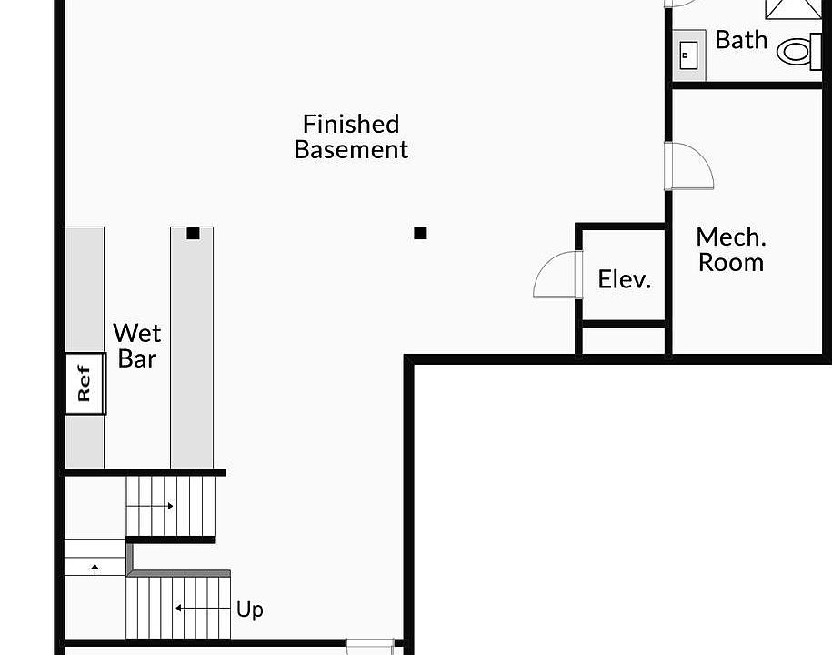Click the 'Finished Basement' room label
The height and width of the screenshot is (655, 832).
351,136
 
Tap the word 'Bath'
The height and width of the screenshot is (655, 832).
741,40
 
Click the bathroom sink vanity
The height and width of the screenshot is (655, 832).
689,55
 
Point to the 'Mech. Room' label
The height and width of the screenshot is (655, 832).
731,250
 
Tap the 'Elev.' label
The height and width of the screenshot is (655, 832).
625,278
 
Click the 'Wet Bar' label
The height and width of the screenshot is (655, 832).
137,346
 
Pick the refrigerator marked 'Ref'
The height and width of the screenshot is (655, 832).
85,383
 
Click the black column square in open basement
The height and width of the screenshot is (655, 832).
420,233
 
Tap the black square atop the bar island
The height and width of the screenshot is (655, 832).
193,233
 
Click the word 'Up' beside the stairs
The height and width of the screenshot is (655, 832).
250,609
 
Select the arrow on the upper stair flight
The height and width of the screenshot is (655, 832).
155,505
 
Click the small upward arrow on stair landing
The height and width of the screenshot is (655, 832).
95,569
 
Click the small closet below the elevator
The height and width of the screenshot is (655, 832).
624,340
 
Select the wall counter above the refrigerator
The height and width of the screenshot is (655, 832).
85,289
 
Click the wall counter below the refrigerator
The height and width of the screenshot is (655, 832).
85,442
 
